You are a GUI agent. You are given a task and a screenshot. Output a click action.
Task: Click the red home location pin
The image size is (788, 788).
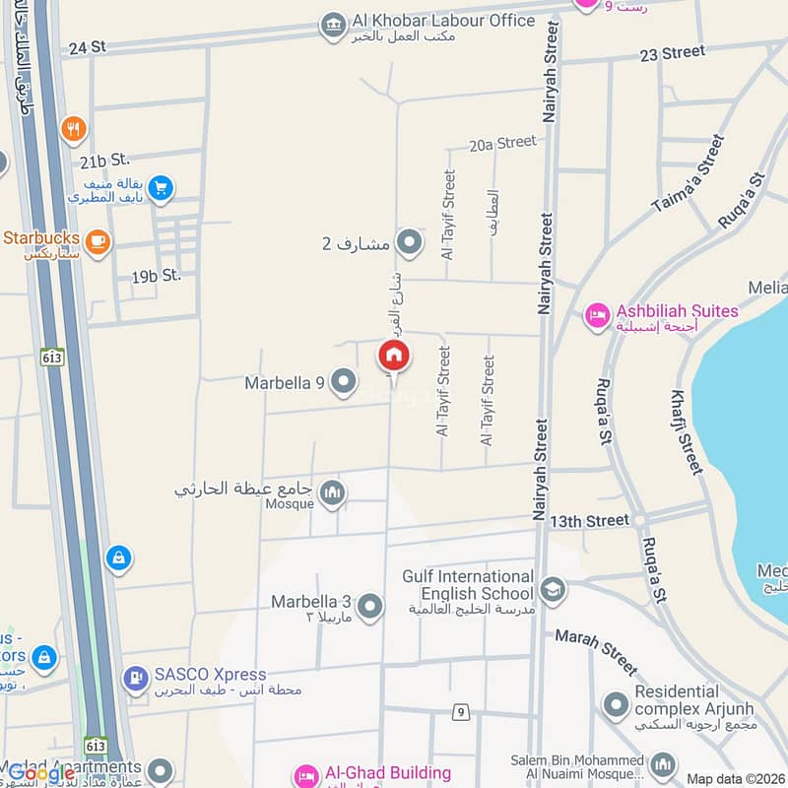(x=393, y=355)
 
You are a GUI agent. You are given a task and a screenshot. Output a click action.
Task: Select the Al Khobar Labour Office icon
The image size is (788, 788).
(x=334, y=26)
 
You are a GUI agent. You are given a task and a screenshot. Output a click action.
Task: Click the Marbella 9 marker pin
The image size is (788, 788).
(x=343, y=381)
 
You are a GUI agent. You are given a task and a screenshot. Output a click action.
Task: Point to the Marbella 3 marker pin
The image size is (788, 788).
(x=369, y=606)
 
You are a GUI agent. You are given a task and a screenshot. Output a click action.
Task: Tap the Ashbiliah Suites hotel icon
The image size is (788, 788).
(x=596, y=316)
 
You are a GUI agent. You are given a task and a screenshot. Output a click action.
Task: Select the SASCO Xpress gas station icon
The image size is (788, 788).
(x=135, y=678)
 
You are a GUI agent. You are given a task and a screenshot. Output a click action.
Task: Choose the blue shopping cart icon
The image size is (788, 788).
(x=162, y=187)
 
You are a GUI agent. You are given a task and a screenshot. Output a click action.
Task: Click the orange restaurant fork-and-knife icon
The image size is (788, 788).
(x=73, y=128)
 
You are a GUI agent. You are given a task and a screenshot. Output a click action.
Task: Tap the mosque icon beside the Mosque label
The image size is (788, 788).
(x=333, y=492)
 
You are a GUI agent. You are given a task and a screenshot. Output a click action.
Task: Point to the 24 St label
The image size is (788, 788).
(x=87, y=46)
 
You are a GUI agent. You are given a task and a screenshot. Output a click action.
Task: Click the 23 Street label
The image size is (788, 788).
(x=672, y=53)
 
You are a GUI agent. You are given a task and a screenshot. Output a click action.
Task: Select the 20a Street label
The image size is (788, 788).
(x=502, y=143)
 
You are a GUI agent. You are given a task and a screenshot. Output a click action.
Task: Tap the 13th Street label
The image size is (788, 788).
(x=589, y=519)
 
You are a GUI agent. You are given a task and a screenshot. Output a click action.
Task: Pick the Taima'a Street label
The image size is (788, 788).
(x=689, y=175)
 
